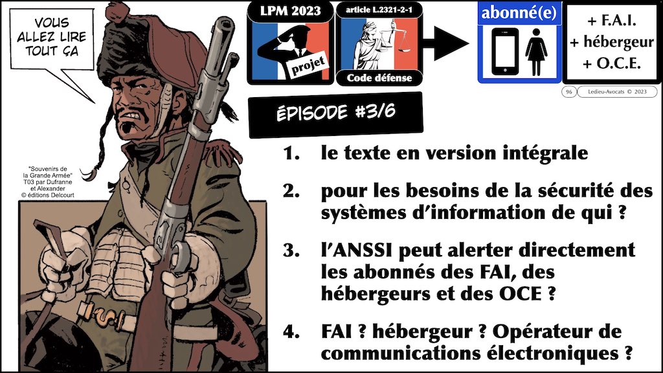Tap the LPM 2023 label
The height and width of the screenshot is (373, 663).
[290, 11]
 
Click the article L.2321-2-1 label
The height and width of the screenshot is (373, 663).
[379, 10]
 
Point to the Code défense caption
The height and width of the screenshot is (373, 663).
[379, 78]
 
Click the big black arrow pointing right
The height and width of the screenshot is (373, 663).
[445, 43]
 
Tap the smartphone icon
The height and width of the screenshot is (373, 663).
[504, 51]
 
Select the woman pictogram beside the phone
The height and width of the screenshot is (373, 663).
[536, 52]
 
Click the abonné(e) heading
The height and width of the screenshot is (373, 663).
[519, 13]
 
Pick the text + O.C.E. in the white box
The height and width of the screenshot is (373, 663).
[611, 63]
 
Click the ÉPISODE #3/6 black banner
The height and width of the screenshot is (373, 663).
[336, 113]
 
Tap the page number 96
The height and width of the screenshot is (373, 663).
[568, 92]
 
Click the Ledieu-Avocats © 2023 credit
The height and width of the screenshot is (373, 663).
[617, 92]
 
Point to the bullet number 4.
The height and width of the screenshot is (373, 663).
[291, 332]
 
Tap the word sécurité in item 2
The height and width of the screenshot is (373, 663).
[574, 191]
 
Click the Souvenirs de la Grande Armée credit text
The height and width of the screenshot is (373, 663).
[48, 182]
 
